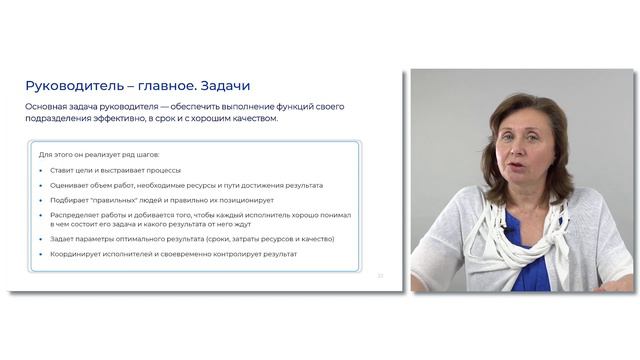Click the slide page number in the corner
click(x=380, y=275)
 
